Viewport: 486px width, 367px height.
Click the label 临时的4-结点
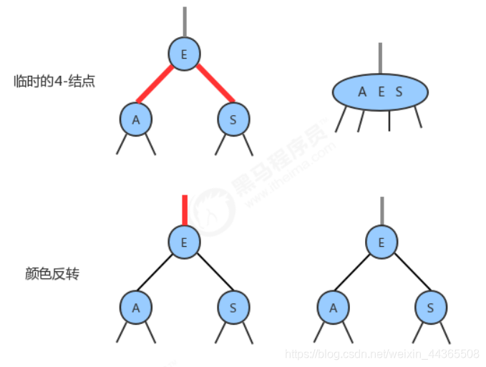pyautogui.click(x=54, y=82)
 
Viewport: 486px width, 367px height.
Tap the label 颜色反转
pyautogui.click(x=51, y=273)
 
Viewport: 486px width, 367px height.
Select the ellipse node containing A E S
pyautogui.click(x=380, y=92)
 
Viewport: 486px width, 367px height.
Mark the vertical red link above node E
pyautogui.click(x=185, y=210)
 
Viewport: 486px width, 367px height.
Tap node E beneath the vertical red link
pyautogui.click(x=185, y=242)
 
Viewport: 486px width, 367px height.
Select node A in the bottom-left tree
pyautogui.click(x=135, y=308)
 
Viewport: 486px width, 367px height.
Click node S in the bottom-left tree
pyautogui.click(x=234, y=308)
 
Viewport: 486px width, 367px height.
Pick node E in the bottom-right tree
pyautogui.click(x=381, y=243)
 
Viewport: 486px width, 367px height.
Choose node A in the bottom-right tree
pyautogui.click(x=333, y=308)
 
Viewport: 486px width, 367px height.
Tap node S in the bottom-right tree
pyautogui.click(x=430, y=308)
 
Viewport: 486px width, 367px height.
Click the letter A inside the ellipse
pyautogui.click(x=362, y=92)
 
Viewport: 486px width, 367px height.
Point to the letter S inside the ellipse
pyautogui.click(x=399, y=92)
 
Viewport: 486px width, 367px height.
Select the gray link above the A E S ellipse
pyautogui.click(x=380, y=58)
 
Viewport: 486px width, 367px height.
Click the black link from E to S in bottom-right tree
pyautogui.click(x=408, y=274)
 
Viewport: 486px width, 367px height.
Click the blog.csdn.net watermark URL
pyautogui.click(x=382, y=353)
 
